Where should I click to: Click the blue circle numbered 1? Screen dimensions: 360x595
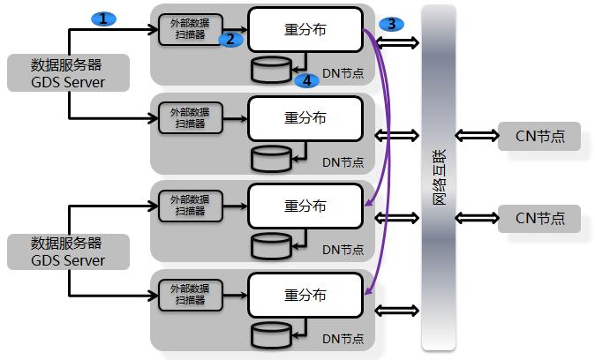tap(104, 18)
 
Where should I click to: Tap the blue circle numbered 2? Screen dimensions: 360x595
tap(230, 39)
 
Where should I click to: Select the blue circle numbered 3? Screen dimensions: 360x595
tap(391, 24)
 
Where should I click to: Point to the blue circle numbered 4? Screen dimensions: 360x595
tap(306, 80)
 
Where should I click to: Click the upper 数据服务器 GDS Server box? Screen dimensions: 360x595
tap(68, 73)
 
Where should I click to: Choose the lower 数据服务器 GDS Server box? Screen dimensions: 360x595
tap(68, 251)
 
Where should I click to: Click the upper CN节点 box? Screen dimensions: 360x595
tap(539, 136)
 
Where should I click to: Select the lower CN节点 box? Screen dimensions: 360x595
tap(539, 218)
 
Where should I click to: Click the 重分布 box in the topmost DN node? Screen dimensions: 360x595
tap(305, 29)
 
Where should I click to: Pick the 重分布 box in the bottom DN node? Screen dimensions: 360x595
tap(305, 295)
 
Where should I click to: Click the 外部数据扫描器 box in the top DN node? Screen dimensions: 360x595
tap(189, 30)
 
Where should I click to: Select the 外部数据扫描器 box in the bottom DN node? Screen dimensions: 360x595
tap(189, 294)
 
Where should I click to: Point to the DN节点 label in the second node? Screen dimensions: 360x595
tap(343, 161)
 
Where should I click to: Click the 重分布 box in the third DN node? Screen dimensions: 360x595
tap(305, 206)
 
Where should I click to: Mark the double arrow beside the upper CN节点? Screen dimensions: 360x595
tap(477, 136)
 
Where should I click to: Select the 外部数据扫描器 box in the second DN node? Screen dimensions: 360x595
tap(189, 118)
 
